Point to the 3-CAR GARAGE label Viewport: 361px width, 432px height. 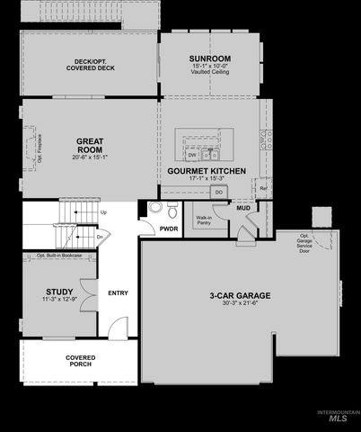pyautogui.click(x=240, y=295)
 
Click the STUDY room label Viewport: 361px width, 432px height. pyautogui.click(x=59, y=291)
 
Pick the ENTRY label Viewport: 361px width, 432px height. pyautogui.click(x=118, y=293)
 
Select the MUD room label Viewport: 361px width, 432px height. pyautogui.click(x=242, y=208)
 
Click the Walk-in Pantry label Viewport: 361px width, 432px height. pyautogui.click(x=204, y=219)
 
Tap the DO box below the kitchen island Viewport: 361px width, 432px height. pyautogui.click(x=218, y=191)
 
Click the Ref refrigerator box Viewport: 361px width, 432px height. pyautogui.click(x=263, y=188)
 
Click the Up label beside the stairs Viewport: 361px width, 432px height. pyautogui.click(x=103, y=212)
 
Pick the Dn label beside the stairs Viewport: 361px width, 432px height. pyautogui.click(x=101, y=236)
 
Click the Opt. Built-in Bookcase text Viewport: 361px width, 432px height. pyautogui.click(x=60, y=256)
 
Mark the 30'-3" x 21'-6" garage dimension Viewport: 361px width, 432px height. pyautogui.click(x=240, y=305)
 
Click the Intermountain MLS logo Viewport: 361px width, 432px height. pyautogui.click(x=338, y=415)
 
